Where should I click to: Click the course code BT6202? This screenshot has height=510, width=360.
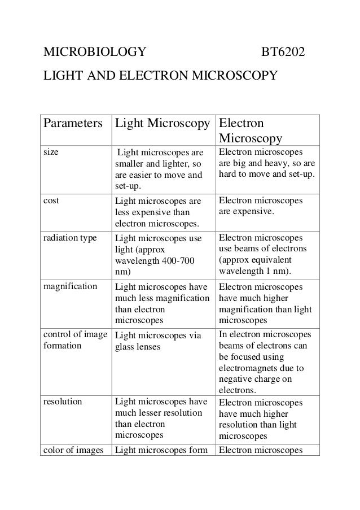(x=283, y=53)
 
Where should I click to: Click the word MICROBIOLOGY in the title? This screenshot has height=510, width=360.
(x=91, y=53)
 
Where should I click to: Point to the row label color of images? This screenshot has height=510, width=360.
(x=72, y=450)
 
